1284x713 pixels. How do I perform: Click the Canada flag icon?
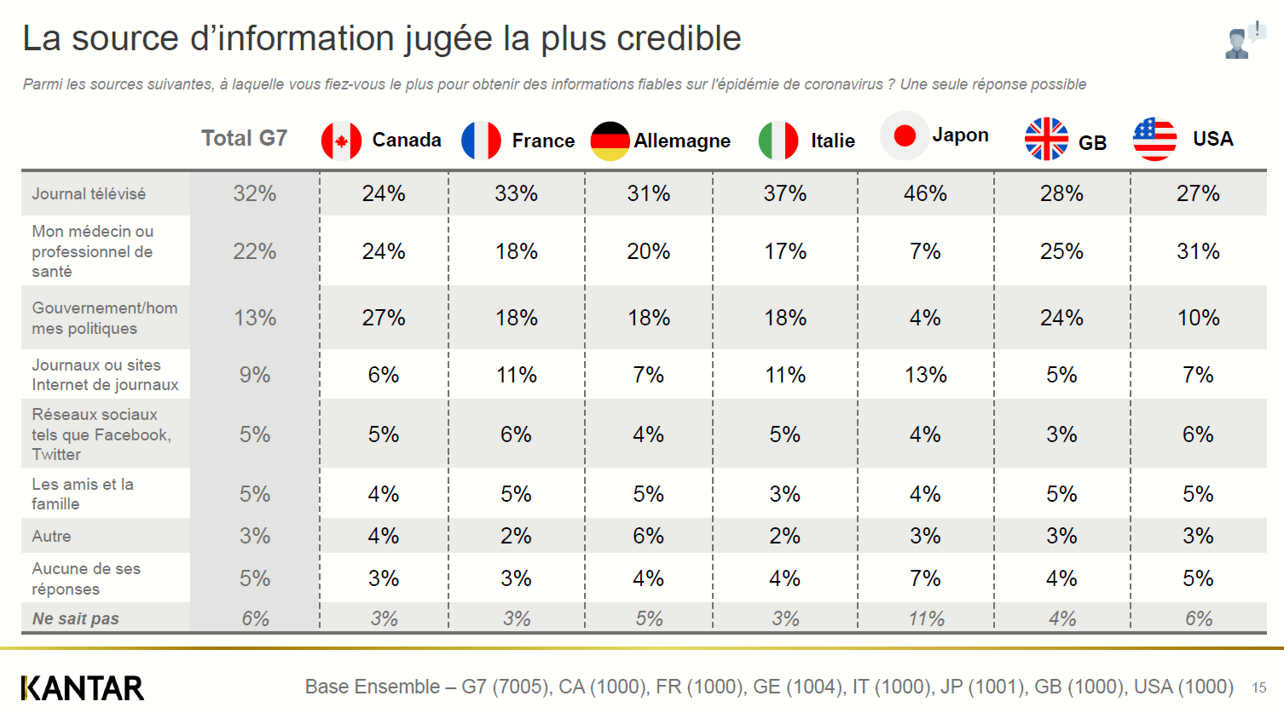[x=341, y=141]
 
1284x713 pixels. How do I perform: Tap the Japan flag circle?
[x=904, y=135]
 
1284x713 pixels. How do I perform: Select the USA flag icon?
[x=1154, y=139]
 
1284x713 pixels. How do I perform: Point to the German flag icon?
[x=610, y=141]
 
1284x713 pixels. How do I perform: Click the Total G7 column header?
[x=244, y=138]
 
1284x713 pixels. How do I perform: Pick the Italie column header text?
[x=832, y=141]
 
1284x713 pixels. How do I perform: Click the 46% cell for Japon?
[x=925, y=193]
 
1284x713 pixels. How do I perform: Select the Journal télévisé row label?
[x=89, y=193]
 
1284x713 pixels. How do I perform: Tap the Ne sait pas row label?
[x=75, y=618]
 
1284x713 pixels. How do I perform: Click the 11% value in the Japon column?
[x=926, y=618]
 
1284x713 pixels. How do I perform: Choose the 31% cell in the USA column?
[x=1198, y=251]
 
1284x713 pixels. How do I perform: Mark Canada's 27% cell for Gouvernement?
[x=384, y=318]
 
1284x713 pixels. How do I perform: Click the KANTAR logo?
[x=83, y=687]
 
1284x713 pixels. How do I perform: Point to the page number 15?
[x=1258, y=687]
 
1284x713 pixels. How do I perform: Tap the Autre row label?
[x=51, y=536]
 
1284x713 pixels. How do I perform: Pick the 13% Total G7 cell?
[x=255, y=318]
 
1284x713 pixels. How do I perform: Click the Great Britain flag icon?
[x=1046, y=139]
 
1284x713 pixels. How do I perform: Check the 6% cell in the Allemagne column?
[x=648, y=536]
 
